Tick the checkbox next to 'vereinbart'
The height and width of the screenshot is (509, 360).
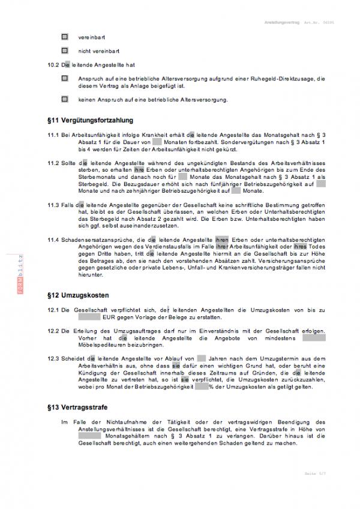(65, 37)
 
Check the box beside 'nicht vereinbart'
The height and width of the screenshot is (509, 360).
(65, 51)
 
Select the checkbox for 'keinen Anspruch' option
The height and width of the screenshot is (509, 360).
(65, 98)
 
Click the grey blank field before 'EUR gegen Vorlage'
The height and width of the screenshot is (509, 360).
(89, 316)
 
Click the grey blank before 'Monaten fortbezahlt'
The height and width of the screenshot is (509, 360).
(158, 143)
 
